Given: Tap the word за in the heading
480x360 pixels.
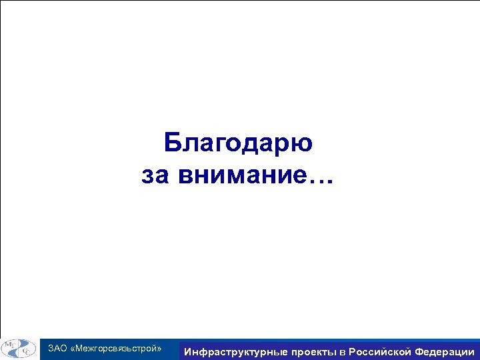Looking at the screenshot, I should (x=157, y=177).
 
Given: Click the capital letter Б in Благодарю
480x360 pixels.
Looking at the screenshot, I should (x=172, y=143).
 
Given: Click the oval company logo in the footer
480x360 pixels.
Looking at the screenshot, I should (x=19, y=349).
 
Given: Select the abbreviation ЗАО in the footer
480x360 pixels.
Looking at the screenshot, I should (x=57, y=349).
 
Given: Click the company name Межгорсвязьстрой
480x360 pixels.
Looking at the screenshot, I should (x=116, y=349).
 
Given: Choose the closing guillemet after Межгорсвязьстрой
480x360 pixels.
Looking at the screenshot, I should (x=160, y=349).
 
